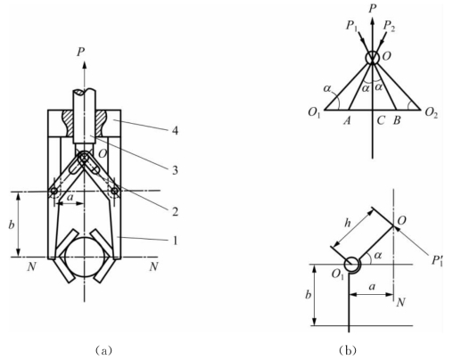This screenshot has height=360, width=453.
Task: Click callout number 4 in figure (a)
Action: (x=176, y=130)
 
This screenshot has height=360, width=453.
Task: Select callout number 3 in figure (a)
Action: (x=175, y=170)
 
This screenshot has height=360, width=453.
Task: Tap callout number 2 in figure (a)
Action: (x=175, y=211)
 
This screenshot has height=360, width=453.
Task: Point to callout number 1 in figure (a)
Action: (x=176, y=240)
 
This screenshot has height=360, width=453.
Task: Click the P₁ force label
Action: (x=351, y=26)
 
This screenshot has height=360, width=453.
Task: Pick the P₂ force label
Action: (x=389, y=26)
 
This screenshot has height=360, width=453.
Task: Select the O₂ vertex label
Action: (x=432, y=112)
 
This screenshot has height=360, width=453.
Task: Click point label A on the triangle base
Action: (x=347, y=120)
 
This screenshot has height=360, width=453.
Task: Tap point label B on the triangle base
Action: (x=397, y=120)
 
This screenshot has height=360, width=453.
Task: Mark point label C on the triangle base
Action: (x=381, y=120)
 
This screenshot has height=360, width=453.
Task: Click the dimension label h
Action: (x=347, y=223)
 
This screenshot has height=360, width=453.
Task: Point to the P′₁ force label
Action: (x=437, y=260)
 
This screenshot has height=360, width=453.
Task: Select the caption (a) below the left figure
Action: (x=103, y=350)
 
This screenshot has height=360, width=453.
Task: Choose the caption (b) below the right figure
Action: (x=348, y=350)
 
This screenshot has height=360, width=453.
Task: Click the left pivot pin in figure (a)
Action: (x=54, y=192)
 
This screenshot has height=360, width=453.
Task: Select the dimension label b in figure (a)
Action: (x=12, y=225)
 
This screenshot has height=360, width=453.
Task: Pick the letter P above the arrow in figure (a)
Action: (x=80, y=53)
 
